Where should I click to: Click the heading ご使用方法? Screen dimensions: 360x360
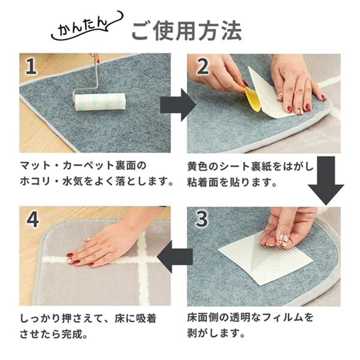187,30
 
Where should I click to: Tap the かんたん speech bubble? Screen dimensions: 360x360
84,27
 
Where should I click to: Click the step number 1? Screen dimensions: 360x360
31,67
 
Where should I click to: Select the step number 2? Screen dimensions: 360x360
202,67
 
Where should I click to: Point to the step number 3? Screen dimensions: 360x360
202,220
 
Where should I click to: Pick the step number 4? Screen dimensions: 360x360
32,220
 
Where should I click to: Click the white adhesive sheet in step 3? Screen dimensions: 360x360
267,258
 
